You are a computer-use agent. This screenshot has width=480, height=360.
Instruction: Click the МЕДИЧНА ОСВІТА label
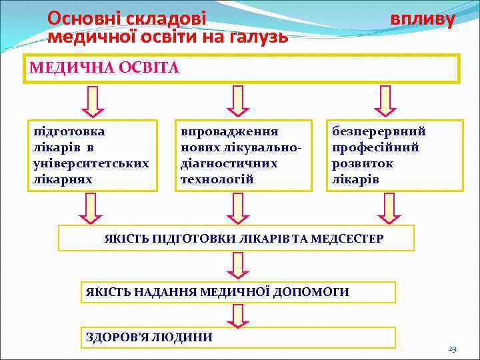pyautogui.click(x=104, y=68)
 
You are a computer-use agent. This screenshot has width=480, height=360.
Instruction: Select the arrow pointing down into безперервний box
pyautogui.click(x=385, y=101)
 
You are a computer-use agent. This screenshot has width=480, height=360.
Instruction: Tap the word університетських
pyautogui.click(x=91, y=163)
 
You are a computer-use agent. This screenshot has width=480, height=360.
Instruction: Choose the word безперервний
pyautogui.click(x=379, y=131)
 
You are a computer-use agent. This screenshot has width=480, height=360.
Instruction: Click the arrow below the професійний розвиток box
pyautogui.click(x=389, y=208)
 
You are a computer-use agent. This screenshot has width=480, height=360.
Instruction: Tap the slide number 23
pyautogui.click(x=452, y=349)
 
